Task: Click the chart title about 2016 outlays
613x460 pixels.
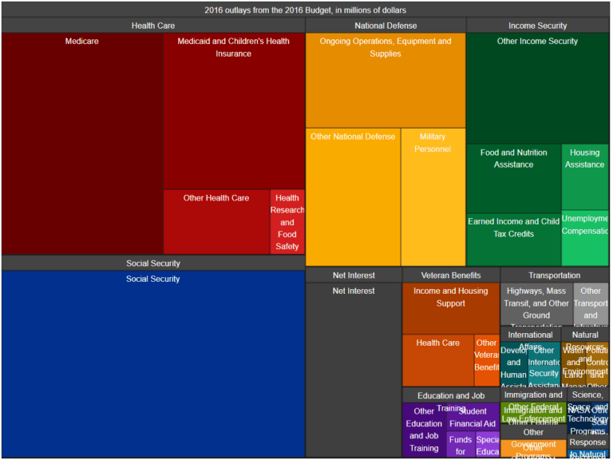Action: [306, 10]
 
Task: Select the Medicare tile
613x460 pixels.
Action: [82, 144]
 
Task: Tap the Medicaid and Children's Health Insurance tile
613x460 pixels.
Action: [234, 112]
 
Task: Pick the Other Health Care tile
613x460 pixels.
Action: [216, 221]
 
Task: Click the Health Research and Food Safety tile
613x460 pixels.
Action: [287, 222]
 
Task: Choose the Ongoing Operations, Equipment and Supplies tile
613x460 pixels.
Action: [386, 81]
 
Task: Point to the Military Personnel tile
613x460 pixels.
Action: [433, 196]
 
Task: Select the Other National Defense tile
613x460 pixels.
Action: [353, 196]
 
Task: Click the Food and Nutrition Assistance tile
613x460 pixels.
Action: [514, 178]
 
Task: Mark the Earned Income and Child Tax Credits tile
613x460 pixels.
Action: [514, 239]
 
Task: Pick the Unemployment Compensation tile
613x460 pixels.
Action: [585, 237]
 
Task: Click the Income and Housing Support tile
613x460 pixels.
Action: [450, 308]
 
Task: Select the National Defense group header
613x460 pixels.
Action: [386, 26]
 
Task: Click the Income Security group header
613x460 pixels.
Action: [537, 26]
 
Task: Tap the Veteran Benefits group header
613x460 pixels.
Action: [450, 276]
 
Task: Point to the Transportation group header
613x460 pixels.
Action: [554, 276]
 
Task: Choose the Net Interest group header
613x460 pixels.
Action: [353, 276]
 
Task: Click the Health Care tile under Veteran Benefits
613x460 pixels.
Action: [438, 360]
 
